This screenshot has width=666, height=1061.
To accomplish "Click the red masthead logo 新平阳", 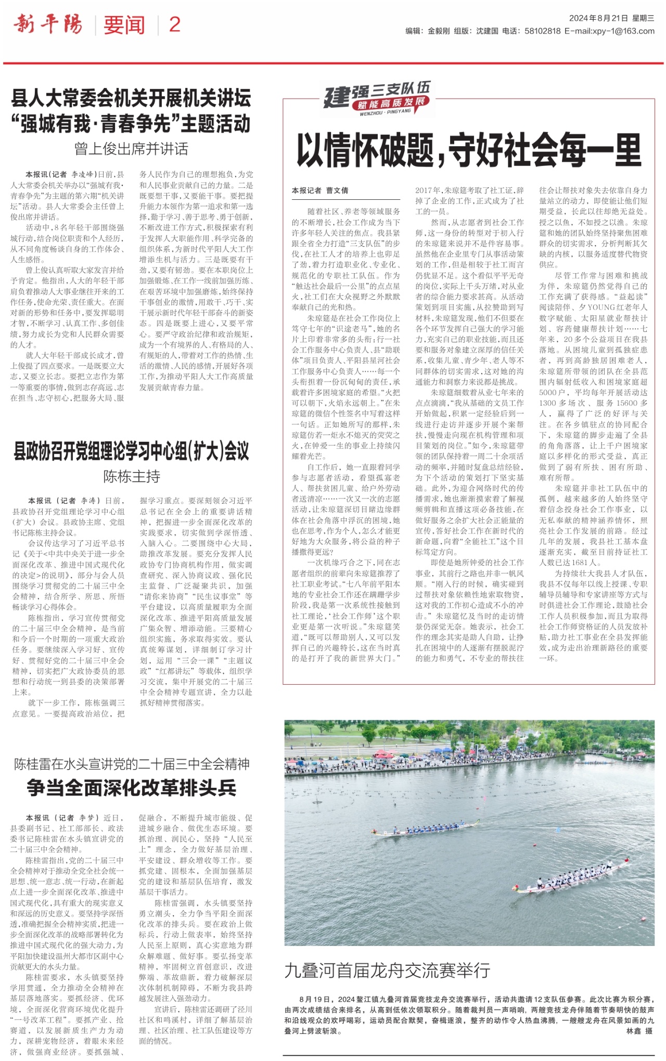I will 48,24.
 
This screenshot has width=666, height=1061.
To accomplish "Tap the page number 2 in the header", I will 175,24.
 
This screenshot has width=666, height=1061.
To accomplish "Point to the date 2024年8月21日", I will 598,18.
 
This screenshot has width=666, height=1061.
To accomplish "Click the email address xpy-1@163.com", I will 609,31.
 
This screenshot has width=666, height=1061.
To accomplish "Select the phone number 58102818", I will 542,31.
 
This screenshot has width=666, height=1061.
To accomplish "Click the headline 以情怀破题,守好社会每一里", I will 468,151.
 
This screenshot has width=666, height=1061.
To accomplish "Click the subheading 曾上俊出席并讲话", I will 131,149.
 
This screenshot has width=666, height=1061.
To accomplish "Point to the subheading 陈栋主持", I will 131,476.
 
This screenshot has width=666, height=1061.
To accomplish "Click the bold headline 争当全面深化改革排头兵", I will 132,788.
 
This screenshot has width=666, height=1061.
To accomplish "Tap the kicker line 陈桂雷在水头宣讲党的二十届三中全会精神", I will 132,764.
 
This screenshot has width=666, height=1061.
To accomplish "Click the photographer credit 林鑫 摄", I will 639,1031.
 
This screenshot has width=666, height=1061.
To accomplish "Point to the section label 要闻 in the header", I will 124,24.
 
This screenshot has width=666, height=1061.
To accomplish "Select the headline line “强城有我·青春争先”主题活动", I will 131,124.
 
